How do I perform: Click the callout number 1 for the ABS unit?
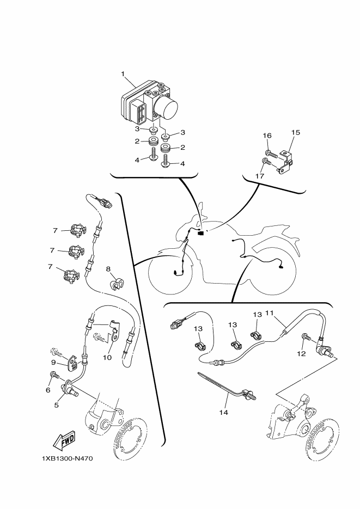click(123, 74)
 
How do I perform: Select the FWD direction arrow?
click(64, 440)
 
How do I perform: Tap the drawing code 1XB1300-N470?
click(68, 459)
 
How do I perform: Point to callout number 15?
click(296, 132)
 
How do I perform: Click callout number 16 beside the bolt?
click(267, 136)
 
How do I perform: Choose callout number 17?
click(260, 176)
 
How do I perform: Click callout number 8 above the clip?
click(108, 269)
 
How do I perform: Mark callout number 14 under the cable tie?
click(224, 413)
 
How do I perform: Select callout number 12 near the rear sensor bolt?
click(302, 353)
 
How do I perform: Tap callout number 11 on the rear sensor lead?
click(270, 313)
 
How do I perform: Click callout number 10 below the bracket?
click(107, 358)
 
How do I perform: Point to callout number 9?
click(53, 363)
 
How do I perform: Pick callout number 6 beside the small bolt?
click(48, 390)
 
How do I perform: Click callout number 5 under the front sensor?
click(56, 405)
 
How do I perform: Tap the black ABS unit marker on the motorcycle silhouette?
click(200, 233)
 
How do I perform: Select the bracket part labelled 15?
click(285, 161)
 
